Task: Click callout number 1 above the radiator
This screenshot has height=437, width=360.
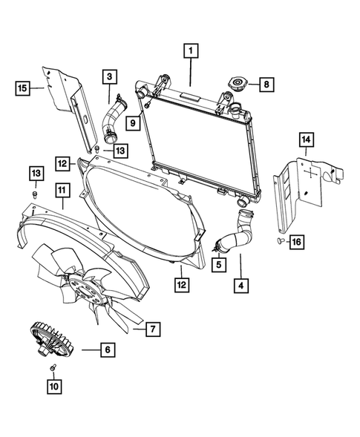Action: coord(191,51)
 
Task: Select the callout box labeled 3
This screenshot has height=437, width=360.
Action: coord(109,76)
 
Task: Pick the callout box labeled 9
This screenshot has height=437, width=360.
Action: coord(134,120)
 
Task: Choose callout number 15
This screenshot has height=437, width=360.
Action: coord(24,89)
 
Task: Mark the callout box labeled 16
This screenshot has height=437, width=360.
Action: coord(295,243)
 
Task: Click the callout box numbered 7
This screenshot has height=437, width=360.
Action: coord(151,327)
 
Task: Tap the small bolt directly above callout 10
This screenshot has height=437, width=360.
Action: coord(53,369)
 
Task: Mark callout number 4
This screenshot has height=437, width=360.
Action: coord(240,283)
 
